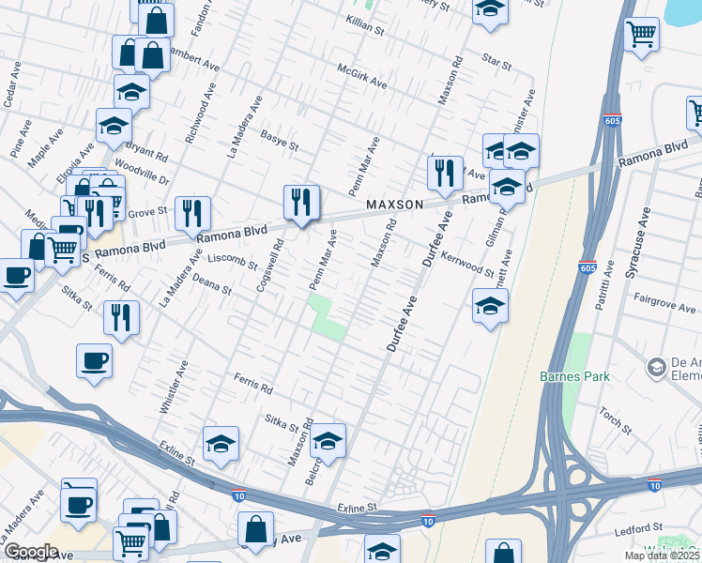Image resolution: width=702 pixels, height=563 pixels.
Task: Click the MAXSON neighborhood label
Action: click(394, 204)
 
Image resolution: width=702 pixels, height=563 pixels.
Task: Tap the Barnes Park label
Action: click(574, 376)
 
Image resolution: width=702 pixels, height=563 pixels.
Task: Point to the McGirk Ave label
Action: click(361, 77)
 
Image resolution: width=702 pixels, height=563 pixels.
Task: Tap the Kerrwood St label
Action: click(467, 264)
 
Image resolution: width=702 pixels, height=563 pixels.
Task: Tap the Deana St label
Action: click(211, 284)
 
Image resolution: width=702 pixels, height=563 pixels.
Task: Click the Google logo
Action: click(31, 552)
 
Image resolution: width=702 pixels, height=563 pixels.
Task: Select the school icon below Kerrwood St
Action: click(490, 306)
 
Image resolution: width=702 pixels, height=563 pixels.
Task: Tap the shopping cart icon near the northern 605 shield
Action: click(642, 36)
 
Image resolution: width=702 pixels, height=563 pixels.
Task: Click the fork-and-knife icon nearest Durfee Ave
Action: click(444, 173)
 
